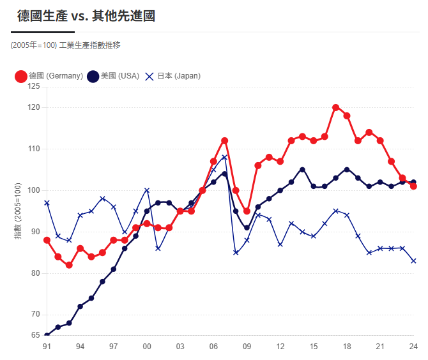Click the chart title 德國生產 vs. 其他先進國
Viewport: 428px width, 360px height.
tap(86, 16)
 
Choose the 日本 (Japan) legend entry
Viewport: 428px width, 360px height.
tap(172, 76)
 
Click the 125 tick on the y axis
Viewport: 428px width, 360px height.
tap(34, 86)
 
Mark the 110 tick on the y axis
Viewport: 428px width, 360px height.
tap(34, 149)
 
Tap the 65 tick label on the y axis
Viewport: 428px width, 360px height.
tap(36, 335)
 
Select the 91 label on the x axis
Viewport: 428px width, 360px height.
tap(47, 346)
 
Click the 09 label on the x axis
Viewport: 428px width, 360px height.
tap(247, 346)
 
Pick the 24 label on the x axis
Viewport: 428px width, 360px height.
tap(413, 346)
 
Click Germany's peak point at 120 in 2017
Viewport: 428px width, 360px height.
tap(336, 107)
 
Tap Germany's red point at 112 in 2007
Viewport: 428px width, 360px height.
tap(225, 140)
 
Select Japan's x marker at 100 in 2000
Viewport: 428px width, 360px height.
tap(147, 190)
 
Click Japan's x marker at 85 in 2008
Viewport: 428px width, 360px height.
tap(236, 252)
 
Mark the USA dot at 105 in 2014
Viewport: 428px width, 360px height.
tap(302, 170)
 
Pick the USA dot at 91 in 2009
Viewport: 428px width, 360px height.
tap(247, 228)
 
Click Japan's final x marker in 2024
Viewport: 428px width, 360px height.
tap(413, 260)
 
